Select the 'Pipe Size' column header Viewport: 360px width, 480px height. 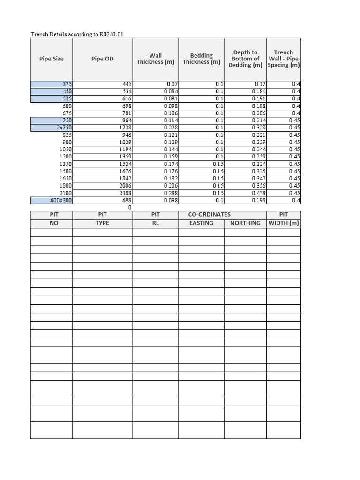52,59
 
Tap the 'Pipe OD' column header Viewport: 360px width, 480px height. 102,59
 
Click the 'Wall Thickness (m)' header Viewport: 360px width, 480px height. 155,59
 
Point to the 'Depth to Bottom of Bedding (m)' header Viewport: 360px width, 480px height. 245,59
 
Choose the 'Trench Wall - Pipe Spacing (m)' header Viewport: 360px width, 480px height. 284,59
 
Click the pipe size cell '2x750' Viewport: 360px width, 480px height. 63,127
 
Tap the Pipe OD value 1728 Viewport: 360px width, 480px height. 124,127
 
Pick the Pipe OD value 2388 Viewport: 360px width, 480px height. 124,193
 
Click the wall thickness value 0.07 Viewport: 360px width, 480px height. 172,84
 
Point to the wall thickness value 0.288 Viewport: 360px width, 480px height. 171,193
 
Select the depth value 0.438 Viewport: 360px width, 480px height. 259,193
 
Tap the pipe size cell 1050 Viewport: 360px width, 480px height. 65,150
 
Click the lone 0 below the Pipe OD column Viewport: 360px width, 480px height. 129,207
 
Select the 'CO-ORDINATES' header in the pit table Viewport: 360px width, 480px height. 209,215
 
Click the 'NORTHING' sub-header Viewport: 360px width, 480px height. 245,223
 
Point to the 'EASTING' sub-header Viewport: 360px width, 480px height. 201,223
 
